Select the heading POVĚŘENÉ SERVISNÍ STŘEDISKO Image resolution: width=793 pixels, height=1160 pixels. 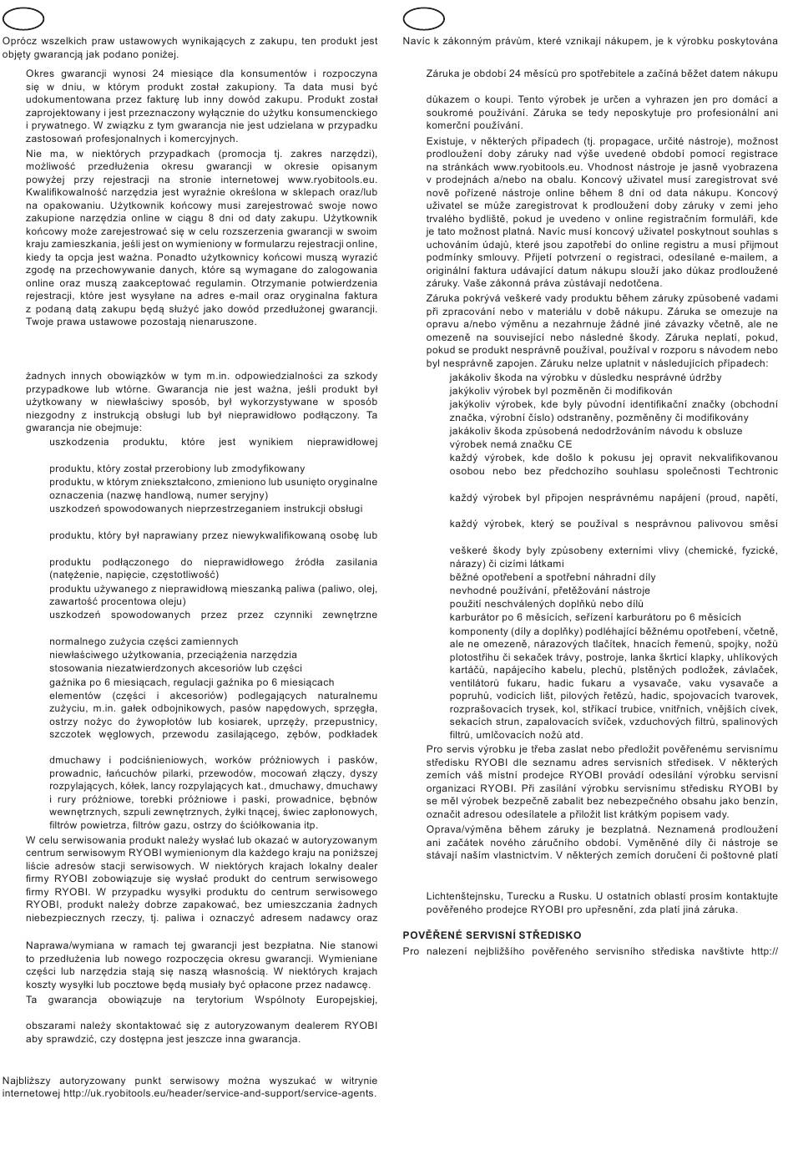[492, 935]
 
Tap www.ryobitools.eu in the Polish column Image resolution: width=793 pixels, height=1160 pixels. [332, 179]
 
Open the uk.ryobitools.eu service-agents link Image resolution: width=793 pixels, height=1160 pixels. [220, 1092]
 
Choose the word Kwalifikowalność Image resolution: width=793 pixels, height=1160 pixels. [70, 191]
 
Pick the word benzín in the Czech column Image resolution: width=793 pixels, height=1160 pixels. [759, 801]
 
